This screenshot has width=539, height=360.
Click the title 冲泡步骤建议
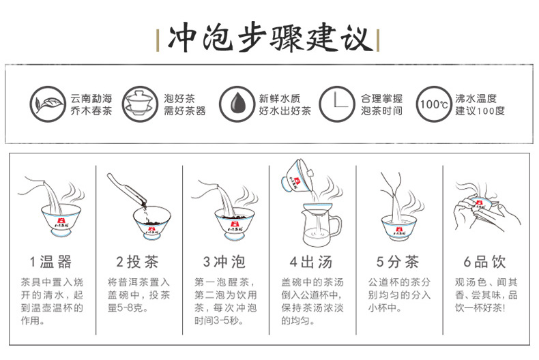(270, 37)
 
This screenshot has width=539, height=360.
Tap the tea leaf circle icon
(48, 104)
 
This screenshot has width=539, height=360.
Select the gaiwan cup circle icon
(139, 104)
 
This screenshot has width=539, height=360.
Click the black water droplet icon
(237, 104)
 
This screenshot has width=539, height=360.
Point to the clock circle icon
(336, 104)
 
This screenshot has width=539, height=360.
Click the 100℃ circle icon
(434, 104)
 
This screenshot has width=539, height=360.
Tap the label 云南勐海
(91, 99)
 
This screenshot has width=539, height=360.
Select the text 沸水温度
(476, 99)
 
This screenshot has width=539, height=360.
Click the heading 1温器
(50, 262)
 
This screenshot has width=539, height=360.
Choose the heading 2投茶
(137, 262)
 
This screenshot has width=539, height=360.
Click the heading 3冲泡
(224, 262)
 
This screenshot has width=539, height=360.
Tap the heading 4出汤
(311, 262)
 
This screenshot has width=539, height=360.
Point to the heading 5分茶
(398, 262)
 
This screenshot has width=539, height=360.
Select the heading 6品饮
(484, 262)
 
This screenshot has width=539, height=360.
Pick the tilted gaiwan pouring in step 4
(297, 176)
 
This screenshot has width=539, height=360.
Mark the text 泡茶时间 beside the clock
(381, 110)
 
